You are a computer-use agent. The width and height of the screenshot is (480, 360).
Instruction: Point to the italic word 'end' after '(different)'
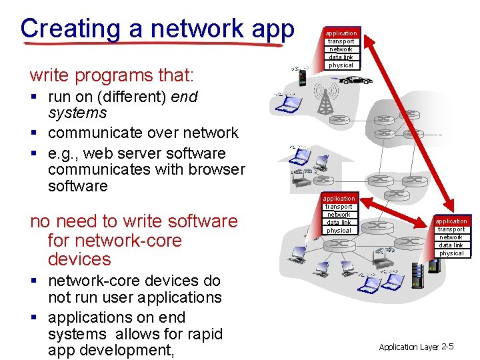pos(184,97)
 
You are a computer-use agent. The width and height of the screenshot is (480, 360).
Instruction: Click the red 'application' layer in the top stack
pos(341,33)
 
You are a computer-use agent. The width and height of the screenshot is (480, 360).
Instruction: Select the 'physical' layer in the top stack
pos(341,65)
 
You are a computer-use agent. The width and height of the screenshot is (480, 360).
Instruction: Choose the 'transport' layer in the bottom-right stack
pos(451,229)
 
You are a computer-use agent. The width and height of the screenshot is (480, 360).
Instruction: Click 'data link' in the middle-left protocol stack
pos(339,223)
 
